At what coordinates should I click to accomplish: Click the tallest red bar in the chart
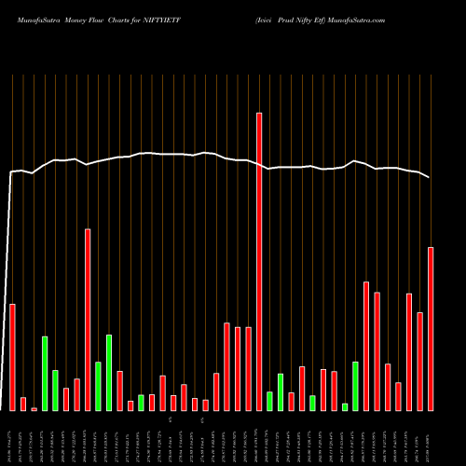259,261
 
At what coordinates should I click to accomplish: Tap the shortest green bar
345,406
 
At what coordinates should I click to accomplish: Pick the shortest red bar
34,408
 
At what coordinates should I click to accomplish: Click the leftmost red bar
12,357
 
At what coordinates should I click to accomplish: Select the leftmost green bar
45,373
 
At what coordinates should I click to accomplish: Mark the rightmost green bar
355,386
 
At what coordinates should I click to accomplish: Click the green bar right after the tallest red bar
269,401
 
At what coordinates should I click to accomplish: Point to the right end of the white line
430,177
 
